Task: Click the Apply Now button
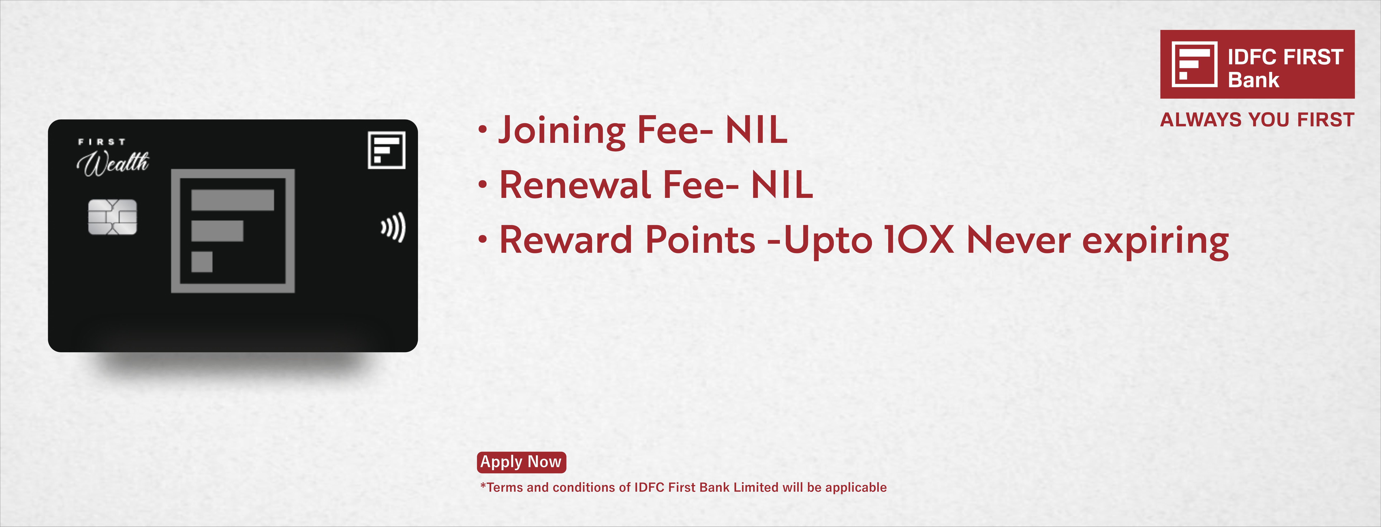(x=521, y=462)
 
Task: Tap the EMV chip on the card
(x=113, y=217)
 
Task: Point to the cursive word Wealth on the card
(x=113, y=163)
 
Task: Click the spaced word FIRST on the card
(x=102, y=142)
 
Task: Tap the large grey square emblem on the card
(x=233, y=231)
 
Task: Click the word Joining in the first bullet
(x=562, y=131)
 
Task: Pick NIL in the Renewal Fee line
(x=782, y=185)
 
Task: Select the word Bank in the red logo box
(x=1253, y=80)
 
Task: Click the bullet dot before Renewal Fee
(x=483, y=185)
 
